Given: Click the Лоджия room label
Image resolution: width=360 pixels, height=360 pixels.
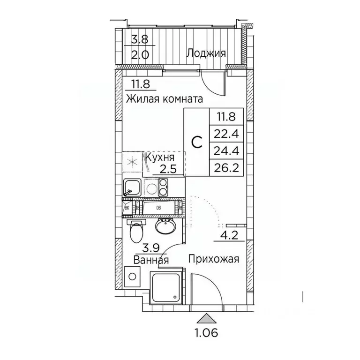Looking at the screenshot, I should point(206,53).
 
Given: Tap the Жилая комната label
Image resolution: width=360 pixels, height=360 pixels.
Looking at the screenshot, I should point(164,99).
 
